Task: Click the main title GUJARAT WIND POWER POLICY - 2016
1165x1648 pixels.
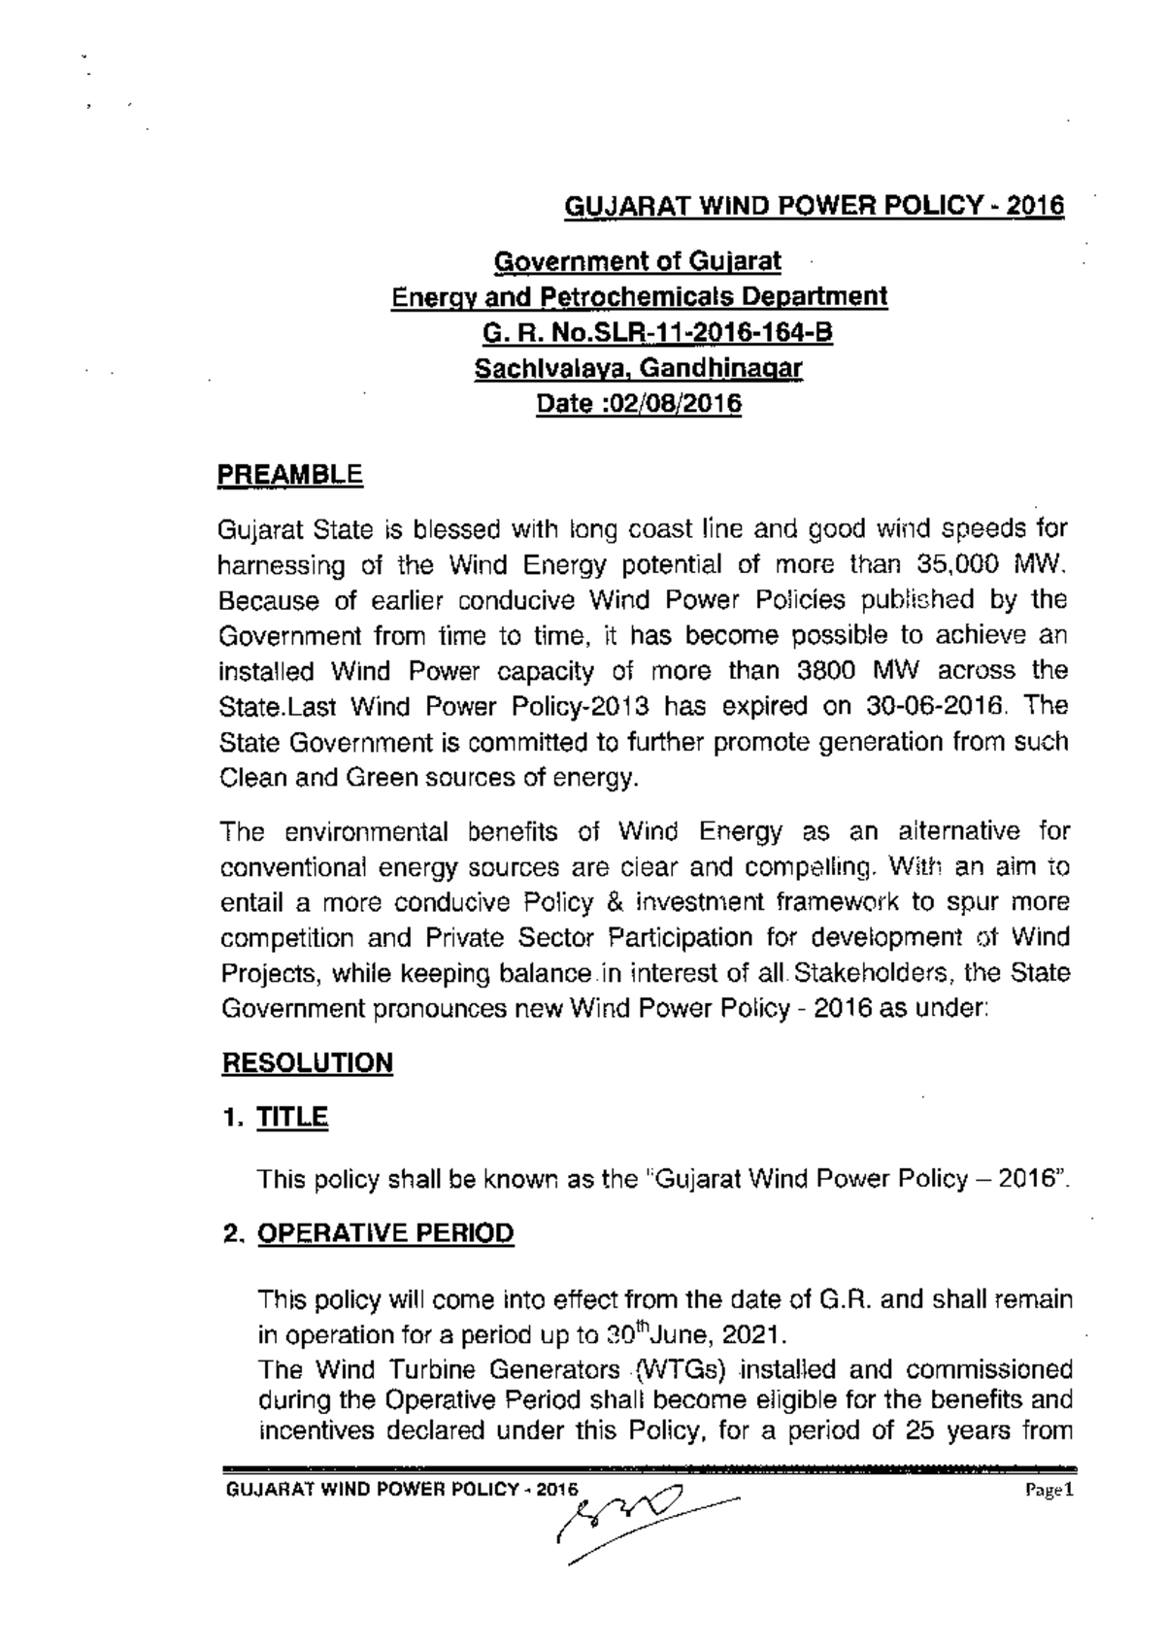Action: click(x=815, y=207)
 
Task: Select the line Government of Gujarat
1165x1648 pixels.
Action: click(x=638, y=261)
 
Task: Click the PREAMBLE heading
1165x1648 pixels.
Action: click(x=289, y=476)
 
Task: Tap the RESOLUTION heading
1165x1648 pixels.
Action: click(x=307, y=1062)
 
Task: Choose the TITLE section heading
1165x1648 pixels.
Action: click(x=292, y=1118)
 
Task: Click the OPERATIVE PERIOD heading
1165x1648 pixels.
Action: click(x=384, y=1233)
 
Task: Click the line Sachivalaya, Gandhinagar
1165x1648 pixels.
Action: click(x=638, y=369)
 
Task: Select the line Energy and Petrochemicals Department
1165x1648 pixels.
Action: click(x=638, y=297)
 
